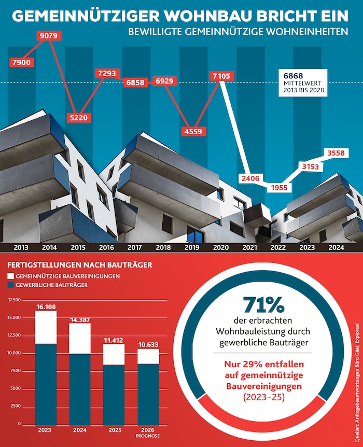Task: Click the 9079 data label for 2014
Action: point(50,36)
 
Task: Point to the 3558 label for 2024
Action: point(338,153)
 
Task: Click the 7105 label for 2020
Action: point(222,77)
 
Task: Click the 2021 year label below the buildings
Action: point(249,247)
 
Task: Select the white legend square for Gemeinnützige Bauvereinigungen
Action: point(11,276)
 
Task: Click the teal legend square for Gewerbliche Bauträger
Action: point(11,285)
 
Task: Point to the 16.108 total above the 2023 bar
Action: point(46,306)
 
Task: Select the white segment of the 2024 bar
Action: point(80,338)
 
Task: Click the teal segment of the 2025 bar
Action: point(114,394)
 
